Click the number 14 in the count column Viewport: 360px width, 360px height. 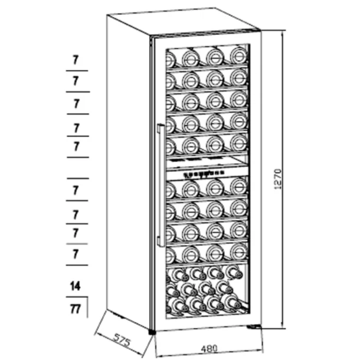pyautogui.click(x=76, y=286)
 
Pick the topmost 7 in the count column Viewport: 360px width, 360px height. pyautogui.click(x=76, y=60)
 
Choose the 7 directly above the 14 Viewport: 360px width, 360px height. pyautogui.click(x=76, y=254)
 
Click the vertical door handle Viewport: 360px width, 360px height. pyautogui.click(x=159, y=185)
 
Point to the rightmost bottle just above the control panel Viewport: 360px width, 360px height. pyautogui.click(x=238, y=142)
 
